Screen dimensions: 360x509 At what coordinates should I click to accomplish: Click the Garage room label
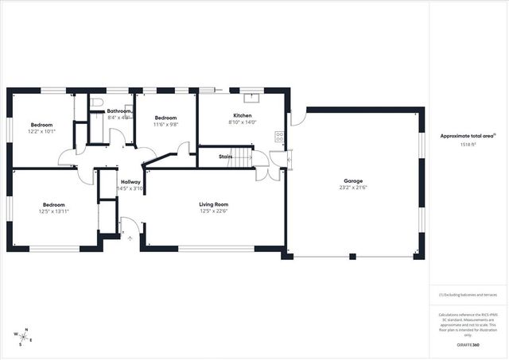354,181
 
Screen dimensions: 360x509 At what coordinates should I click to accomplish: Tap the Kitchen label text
242,115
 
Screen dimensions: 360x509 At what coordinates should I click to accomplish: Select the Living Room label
213,204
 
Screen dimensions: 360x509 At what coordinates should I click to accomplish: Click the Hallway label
130,182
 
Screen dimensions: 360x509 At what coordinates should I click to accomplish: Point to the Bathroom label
119,111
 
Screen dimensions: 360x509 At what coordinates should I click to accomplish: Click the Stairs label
224,157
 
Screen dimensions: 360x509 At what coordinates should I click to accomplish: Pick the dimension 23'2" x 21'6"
354,188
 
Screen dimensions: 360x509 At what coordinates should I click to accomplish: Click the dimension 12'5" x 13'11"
54,211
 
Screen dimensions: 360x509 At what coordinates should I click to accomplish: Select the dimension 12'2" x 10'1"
41,131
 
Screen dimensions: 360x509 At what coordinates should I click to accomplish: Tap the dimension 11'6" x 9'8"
165,124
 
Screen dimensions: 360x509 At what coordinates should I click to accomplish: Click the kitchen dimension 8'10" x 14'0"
242,122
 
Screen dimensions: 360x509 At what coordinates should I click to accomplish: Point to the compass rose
25,337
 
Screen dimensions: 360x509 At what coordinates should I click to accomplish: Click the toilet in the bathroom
95,103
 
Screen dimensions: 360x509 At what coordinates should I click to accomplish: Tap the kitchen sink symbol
252,97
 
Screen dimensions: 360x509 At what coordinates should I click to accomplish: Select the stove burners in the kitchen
279,136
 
